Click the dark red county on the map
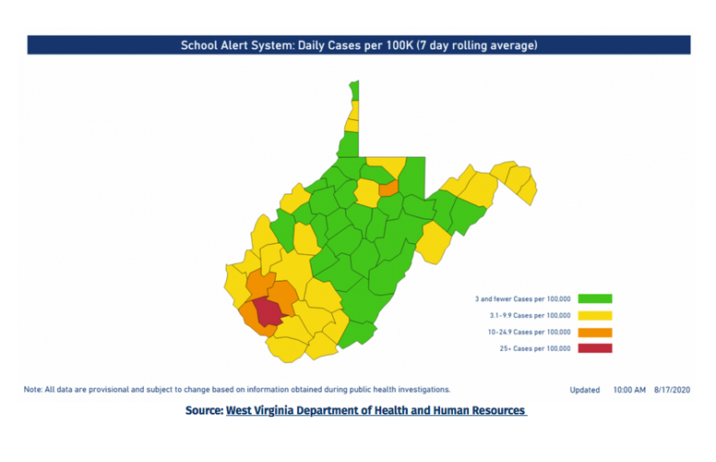pos(267,313)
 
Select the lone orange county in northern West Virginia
pos(388,188)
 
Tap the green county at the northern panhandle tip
pos(354,90)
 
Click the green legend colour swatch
pos(595,298)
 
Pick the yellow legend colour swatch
pos(595,315)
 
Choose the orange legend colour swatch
pos(595,332)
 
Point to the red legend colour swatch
pos(595,348)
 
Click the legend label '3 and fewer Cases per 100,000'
pos(523,298)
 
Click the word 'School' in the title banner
pos(200,44)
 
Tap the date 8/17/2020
pos(673,390)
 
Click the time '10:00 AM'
pos(629,390)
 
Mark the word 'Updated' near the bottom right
pos(585,390)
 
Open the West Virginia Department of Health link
pos(376,410)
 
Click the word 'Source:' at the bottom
pos(204,410)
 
